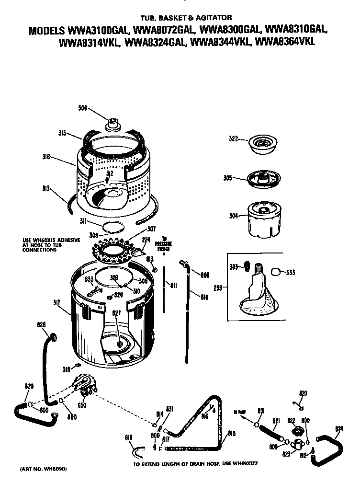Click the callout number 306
82,108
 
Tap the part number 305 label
227,178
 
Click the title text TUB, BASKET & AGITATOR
180,17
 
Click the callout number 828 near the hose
42,324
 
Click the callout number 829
29,386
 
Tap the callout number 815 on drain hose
231,434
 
